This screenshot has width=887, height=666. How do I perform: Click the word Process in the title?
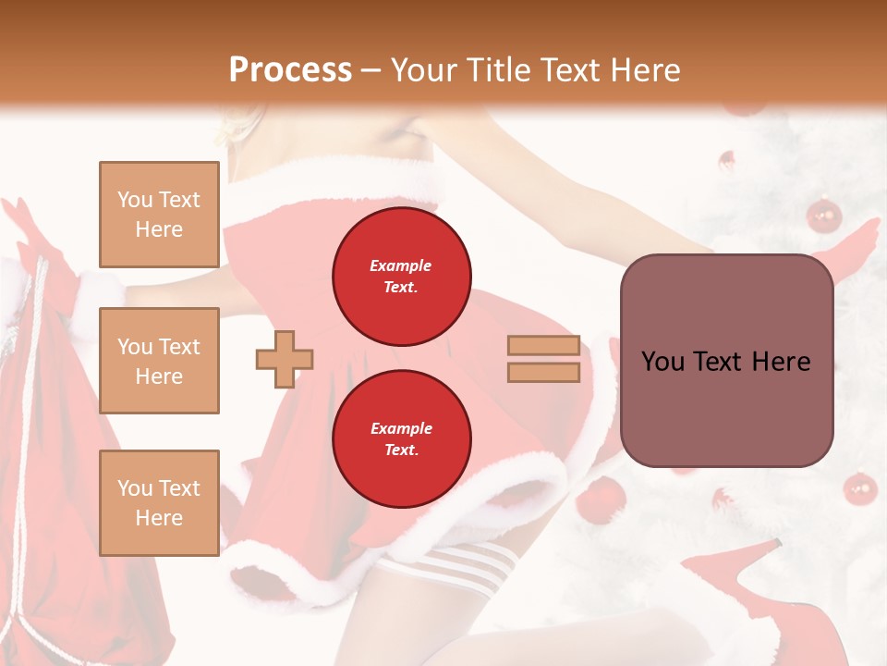[x=290, y=69]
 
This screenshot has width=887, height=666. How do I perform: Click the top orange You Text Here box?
[x=159, y=215]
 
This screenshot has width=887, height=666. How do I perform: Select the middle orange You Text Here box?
[x=159, y=361]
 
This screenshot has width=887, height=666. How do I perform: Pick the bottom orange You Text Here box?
[x=159, y=503]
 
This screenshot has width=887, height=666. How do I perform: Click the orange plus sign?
[x=285, y=360]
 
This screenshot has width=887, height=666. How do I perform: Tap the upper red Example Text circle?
[x=401, y=277]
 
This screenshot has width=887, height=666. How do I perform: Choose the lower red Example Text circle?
[x=401, y=438]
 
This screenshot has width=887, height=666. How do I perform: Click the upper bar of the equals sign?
[x=543, y=346]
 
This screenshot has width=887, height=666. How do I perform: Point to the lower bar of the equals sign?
[x=543, y=373]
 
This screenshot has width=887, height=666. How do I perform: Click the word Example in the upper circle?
[x=401, y=265]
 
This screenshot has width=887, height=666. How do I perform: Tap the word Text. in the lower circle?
[x=401, y=450]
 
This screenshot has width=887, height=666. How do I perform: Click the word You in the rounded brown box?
[x=662, y=362]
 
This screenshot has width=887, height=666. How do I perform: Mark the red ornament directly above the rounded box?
[x=823, y=216]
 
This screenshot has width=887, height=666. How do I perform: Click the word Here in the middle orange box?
[x=159, y=376]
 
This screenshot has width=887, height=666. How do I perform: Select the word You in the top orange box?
[x=135, y=200]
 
